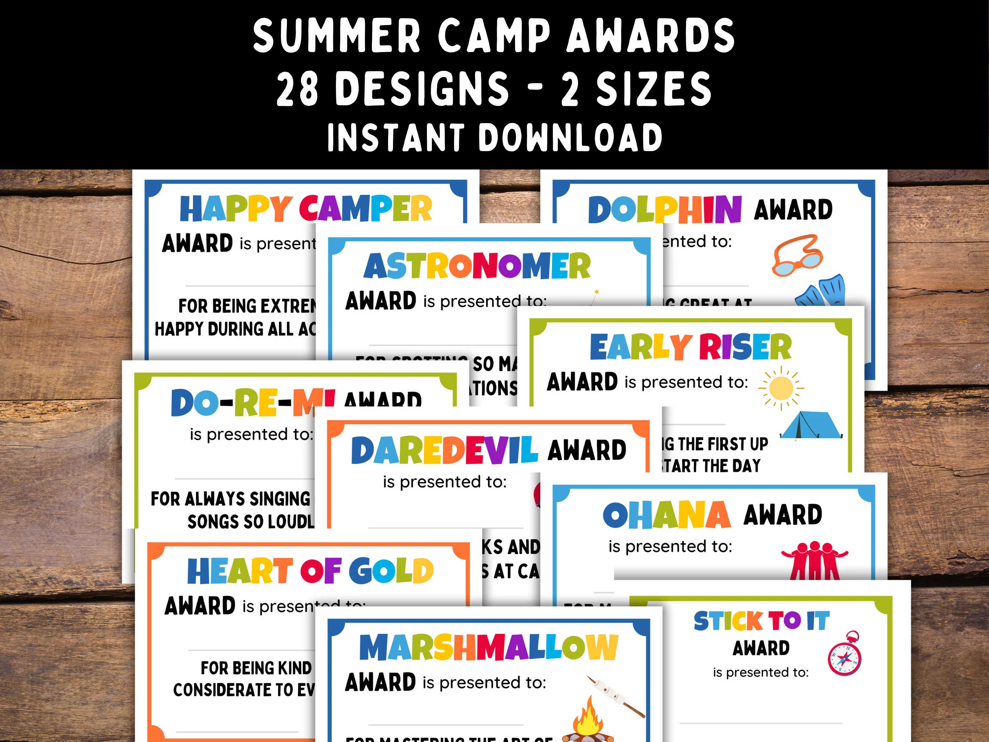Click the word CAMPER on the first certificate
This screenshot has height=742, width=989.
click(365, 208)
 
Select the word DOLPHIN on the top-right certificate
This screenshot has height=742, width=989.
click(664, 209)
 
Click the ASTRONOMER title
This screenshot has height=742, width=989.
click(477, 266)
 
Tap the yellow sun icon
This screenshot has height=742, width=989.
click(781, 388)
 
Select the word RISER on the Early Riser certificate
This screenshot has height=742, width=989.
click(745, 348)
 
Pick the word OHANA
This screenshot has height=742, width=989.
click(667, 515)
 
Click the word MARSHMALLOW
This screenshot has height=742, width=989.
click(489, 648)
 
